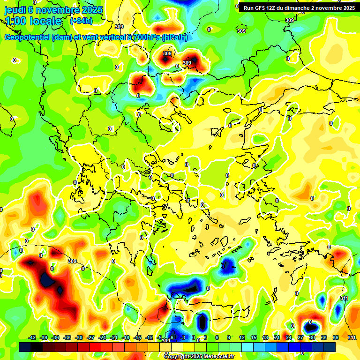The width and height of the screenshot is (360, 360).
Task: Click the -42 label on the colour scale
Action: (x=32, y=337)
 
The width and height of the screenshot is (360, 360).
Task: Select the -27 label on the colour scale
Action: (x=90, y=337)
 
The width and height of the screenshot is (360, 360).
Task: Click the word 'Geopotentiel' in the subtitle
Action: (x=27, y=37)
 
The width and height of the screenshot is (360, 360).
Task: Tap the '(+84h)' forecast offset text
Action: (x=81, y=21)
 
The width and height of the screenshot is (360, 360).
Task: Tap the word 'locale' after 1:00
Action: (x=45, y=21)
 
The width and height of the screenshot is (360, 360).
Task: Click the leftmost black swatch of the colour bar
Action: (x=25, y=347)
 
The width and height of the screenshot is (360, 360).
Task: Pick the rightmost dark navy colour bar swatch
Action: (x=329, y=347)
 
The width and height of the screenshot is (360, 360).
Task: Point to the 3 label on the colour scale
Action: (x=205, y=337)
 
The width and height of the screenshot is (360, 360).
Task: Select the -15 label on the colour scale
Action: (x=137, y=337)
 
